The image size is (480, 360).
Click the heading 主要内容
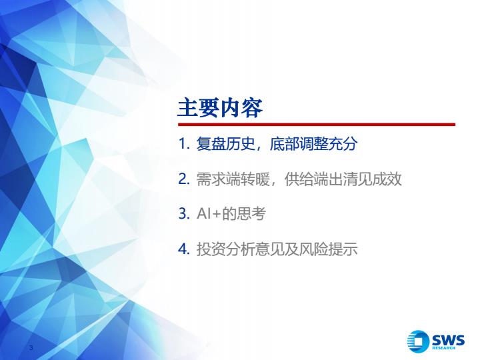click(x=220, y=108)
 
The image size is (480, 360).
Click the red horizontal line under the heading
click(x=317, y=125)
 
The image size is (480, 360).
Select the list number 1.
click(x=184, y=144)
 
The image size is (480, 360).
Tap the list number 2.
click(x=184, y=179)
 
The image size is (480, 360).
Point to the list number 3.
click(x=184, y=213)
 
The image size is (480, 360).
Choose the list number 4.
click(x=184, y=249)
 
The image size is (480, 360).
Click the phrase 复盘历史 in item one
click(x=225, y=144)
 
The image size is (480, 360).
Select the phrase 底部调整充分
click(x=313, y=144)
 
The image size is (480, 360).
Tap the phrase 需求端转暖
click(x=233, y=179)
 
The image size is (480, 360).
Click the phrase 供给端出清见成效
click(x=343, y=179)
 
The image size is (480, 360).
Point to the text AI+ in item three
click(x=209, y=213)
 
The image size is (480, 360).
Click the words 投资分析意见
click(x=240, y=249)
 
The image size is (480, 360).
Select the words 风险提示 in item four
click(x=328, y=249)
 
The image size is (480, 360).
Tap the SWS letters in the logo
click(x=448, y=340)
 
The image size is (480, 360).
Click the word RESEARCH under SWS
click(x=443, y=348)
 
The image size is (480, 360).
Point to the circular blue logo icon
click(x=418, y=341)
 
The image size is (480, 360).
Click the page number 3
click(x=31, y=347)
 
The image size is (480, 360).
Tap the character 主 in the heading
click(x=188, y=108)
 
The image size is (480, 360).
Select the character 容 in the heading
click(x=252, y=108)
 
